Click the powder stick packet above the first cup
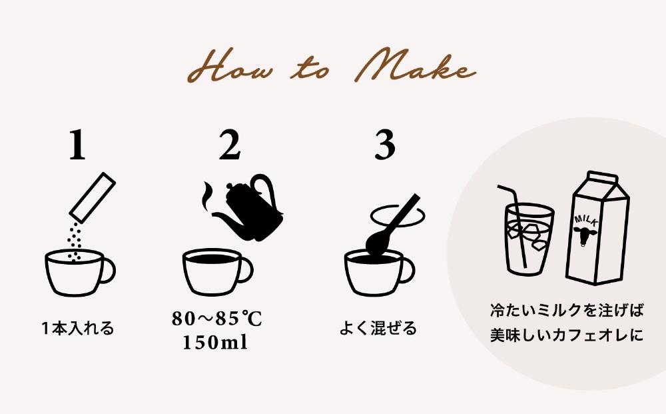click(x=93, y=197)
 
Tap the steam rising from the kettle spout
click(x=208, y=195)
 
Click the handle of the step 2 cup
click(x=245, y=269)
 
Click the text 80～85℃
click(x=216, y=319)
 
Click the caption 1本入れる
click(x=78, y=329)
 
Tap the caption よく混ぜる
click(x=378, y=329)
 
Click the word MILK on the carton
click(x=585, y=217)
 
